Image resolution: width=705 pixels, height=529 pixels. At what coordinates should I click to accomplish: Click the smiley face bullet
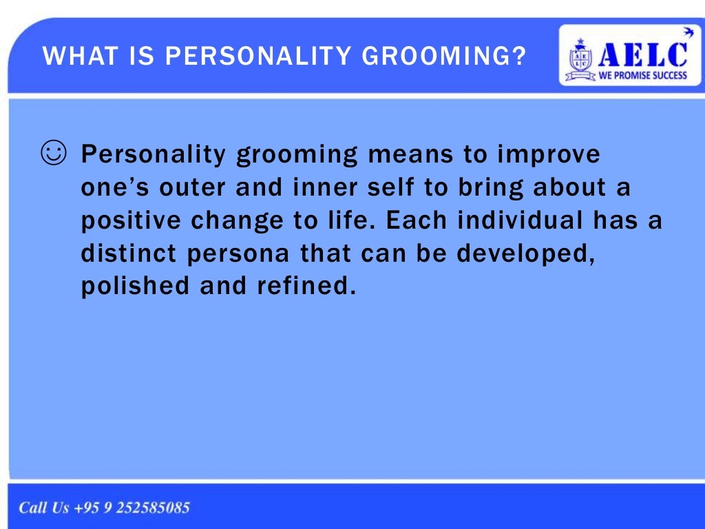53,153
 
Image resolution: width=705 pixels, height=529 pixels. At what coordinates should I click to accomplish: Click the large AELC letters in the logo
643,53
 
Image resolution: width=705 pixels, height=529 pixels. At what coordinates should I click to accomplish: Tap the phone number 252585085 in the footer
153,508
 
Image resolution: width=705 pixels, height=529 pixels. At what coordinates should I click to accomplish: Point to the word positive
130,221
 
